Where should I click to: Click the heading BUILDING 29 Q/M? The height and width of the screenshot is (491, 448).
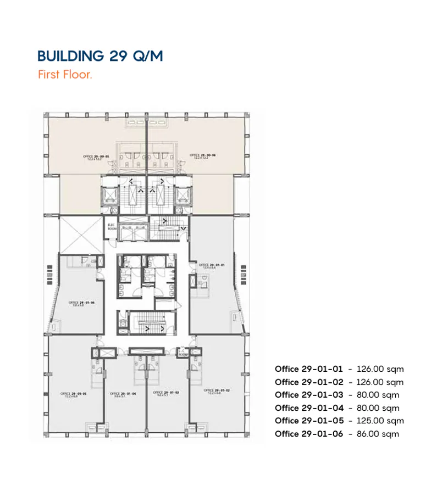100,56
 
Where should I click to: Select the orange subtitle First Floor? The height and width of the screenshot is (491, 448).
65,75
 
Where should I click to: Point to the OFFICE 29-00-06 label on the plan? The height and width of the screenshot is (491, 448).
202,156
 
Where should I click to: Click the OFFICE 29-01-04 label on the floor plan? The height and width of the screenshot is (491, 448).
123,394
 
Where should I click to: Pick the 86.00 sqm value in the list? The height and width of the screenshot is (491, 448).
378,434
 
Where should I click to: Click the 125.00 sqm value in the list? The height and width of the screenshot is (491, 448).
380,421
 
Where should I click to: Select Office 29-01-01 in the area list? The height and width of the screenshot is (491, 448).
308,369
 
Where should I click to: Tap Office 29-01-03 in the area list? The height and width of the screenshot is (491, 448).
308,395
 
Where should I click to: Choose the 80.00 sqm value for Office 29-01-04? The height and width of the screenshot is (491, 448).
378,408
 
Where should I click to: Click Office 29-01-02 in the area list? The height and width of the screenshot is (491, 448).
308,382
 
